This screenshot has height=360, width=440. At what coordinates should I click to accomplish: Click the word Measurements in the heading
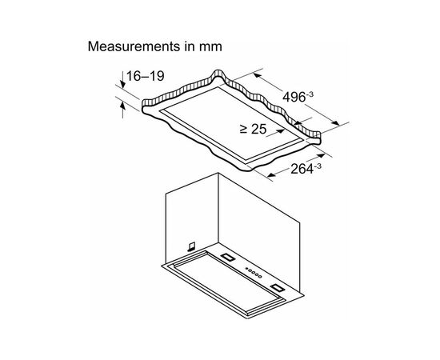click(134, 46)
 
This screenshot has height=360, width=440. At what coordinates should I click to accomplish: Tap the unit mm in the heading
click(210, 47)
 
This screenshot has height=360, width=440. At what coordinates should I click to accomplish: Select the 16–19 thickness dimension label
click(146, 76)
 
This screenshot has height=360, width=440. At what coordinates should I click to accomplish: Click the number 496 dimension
click(294, 98)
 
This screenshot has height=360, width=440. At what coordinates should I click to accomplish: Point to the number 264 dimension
click(302, 169)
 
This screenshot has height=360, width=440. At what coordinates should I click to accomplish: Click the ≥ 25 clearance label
click(253, 129)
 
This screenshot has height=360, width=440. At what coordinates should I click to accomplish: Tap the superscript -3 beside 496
click(310, 94)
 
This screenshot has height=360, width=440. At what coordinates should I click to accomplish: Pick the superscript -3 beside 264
click(318, 166)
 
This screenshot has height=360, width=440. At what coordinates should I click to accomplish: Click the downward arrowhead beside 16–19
click(122, 83)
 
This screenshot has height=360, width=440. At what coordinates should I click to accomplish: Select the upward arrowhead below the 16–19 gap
click(122, 106)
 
